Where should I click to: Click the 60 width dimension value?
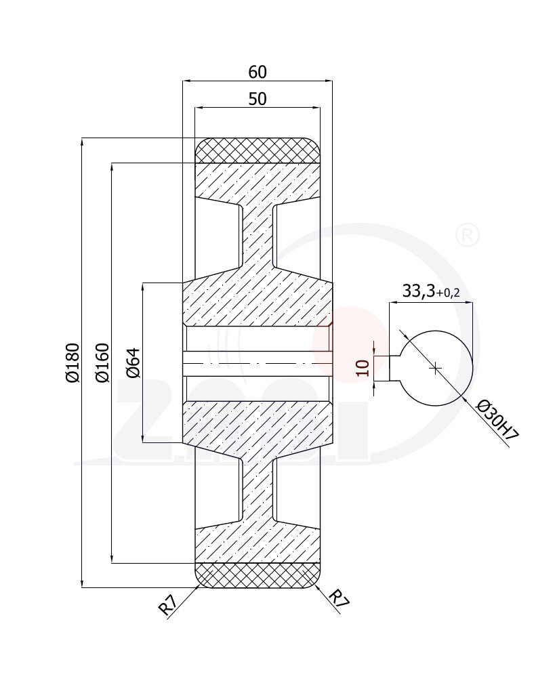[258, 72]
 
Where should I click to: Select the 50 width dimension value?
[258, 99]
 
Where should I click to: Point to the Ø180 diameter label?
[73, 362]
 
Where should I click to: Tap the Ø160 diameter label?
[102, 362]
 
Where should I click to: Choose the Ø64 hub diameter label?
[133, 362]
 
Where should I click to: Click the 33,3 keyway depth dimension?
[418, 291]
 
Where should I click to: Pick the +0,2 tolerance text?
[448, 293]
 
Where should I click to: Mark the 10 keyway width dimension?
[363, 368]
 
